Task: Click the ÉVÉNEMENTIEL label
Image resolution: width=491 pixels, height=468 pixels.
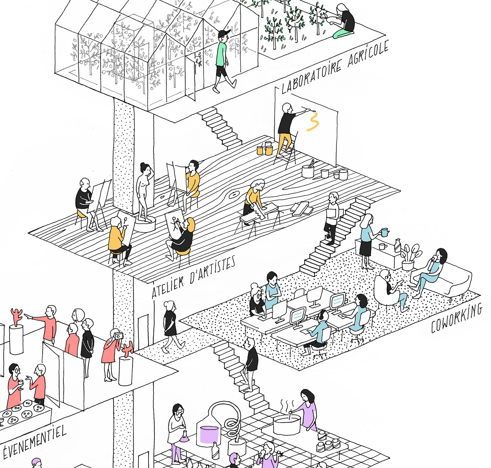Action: coord(34,441)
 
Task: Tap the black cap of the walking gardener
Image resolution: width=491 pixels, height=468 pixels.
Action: coord(224,33)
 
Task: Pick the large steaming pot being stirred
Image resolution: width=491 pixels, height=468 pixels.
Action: coord(287,425)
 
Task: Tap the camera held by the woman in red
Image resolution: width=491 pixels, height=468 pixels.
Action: coord(118,336)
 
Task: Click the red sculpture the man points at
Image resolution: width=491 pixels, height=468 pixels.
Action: coord(16,317)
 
